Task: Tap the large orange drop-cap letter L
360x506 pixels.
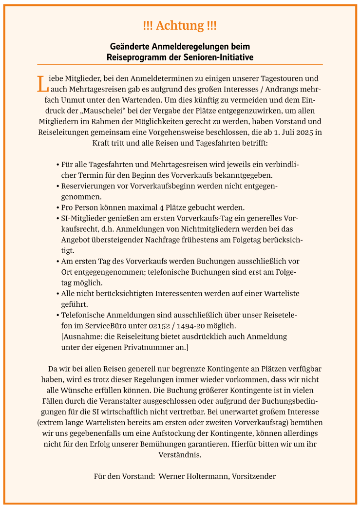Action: tap(42, 83)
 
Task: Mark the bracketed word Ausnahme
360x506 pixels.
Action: tap(82, 336)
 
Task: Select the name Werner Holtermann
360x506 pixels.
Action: tap(193, 476)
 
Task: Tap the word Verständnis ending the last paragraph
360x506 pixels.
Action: tap(180, 454)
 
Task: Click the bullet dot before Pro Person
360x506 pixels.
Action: tap(58, 207)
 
